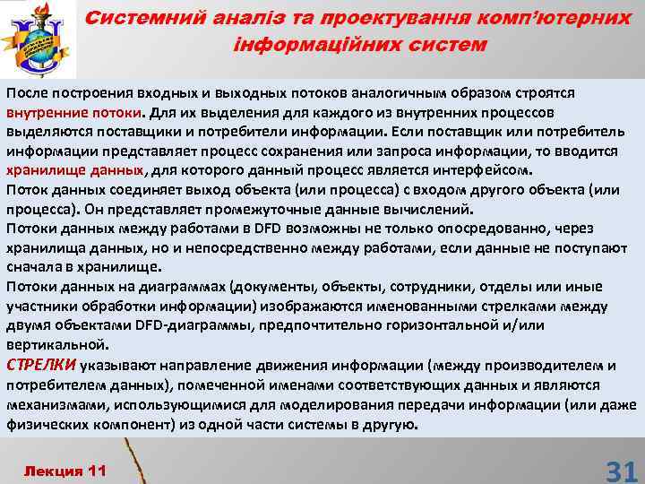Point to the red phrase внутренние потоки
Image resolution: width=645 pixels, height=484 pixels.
pyautogui.click(x=73, y=114)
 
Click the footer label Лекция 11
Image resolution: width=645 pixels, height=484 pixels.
pyautogui.click(x=64, y=470)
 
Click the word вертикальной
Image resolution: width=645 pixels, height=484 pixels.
pyautogui.click(x=56, y=343)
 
